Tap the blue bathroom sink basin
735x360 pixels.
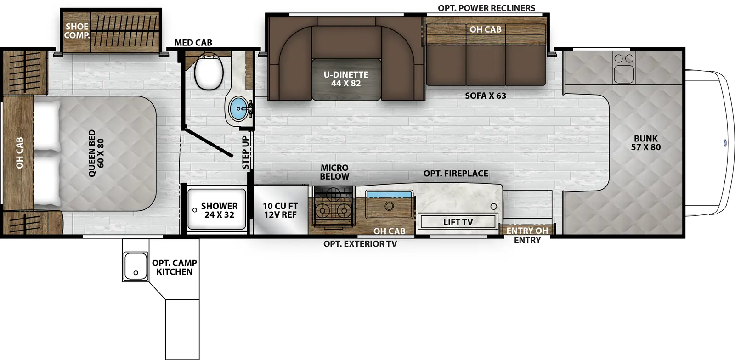(238, 109)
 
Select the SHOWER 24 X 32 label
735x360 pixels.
(219, 210)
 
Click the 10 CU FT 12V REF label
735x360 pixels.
(280, 210)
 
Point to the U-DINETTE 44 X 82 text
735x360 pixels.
(346, 79)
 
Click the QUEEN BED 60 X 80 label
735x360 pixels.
(96, 153)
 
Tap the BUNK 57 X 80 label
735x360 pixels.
(645, 143)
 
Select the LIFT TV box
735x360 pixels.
(458, 222)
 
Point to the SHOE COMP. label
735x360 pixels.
(77, 31)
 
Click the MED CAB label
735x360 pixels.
(193, 43)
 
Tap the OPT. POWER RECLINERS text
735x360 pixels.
(486, 8)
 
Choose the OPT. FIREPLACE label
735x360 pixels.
(455, 174)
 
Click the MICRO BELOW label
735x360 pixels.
(334, 172)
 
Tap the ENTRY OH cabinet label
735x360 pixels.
(527, 231)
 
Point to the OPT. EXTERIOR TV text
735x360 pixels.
(360, 244)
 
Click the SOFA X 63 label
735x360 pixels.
(485, 96)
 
